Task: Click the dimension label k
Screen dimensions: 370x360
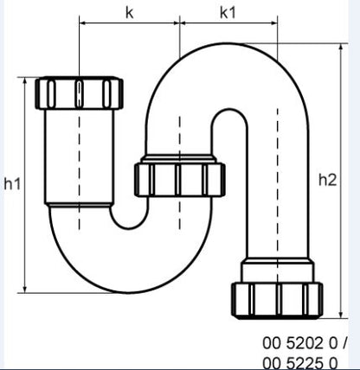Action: pos(129,12)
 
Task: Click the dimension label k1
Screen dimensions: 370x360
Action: pos(228,12)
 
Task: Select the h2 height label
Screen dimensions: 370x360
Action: pos(328,179)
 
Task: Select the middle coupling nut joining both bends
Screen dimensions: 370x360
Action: pos(179,179)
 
